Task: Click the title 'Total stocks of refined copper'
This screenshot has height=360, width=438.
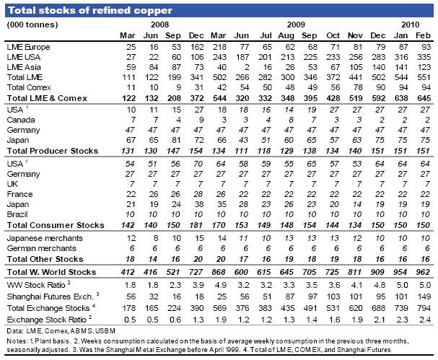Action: (x=90, y=10)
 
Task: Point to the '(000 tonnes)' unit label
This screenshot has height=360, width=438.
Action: (x=32, y=25)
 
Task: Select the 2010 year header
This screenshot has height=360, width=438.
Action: (x=411, y=25)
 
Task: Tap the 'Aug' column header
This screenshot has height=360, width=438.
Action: (x=286, y=36)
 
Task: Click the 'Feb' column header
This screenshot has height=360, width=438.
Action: (x=423, y=35)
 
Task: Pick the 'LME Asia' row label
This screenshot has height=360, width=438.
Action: (x=24, y=67)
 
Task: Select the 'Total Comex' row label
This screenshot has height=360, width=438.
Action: (x=29, y=87)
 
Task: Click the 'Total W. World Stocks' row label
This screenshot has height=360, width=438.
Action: (x=51, y=272)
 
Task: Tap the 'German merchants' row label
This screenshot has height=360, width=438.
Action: (x=41, y=248)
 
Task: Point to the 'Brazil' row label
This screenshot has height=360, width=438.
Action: (x=17, y=214)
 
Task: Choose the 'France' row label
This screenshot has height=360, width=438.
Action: (x=19, y=194)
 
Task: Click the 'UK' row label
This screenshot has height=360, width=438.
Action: (x=12, y=184)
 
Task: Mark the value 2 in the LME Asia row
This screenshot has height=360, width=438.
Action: (x=246, y=67)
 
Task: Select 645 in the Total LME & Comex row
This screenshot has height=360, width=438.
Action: (x=424, y=98)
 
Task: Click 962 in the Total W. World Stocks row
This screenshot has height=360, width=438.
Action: (x=423, y=272)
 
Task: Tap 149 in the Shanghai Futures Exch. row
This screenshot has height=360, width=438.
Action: (x=424, y=297)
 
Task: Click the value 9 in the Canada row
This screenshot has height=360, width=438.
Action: (x=201, y=120)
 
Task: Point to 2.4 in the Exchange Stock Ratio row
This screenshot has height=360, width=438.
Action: (x=424, y=320)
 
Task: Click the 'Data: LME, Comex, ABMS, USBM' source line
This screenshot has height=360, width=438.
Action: (x=61, y=331)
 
